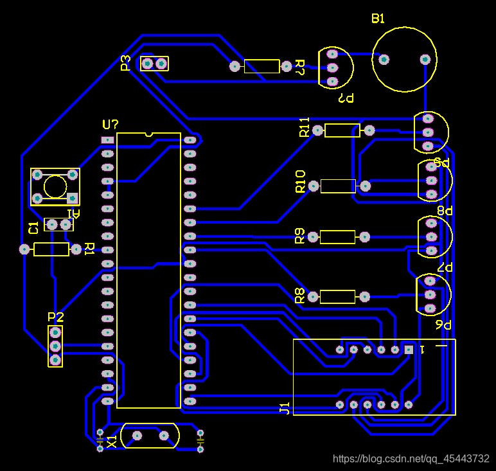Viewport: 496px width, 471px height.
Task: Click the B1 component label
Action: point(378,19)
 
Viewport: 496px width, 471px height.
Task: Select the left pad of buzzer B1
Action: point(384,60)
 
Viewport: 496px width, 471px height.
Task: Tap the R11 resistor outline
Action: point(342,130)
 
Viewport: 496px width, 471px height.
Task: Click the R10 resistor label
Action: point(300,182)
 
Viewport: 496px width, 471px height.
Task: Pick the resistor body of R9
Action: point(337,237)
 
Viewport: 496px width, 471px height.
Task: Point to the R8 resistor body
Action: point(337,297)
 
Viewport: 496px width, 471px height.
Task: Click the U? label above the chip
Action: point(111,124)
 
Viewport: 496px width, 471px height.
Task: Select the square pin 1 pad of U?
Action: point(107,139)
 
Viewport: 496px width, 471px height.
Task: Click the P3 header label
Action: point(126,63)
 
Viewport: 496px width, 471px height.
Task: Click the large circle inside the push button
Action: point(55,186)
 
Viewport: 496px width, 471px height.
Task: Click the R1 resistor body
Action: point(51,249)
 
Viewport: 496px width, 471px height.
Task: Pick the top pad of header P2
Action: point(55,333)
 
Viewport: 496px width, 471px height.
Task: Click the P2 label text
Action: point(56,317)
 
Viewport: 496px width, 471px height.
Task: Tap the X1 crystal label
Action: point(112,441)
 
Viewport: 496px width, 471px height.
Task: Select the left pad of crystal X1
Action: point(136,436)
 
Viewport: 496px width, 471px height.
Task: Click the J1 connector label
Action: point(285,409)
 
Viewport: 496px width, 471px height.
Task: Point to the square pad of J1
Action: point(409,350)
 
